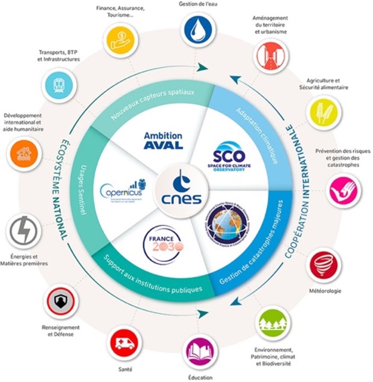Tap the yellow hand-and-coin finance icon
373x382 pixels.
(121, 39)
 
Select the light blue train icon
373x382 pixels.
(59, 85)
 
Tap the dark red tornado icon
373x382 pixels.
(323, 265)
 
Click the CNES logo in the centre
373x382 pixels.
(181, 190)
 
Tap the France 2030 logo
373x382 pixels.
(163, 244)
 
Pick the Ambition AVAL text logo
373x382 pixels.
(163, 141)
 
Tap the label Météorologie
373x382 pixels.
(325, 291)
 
